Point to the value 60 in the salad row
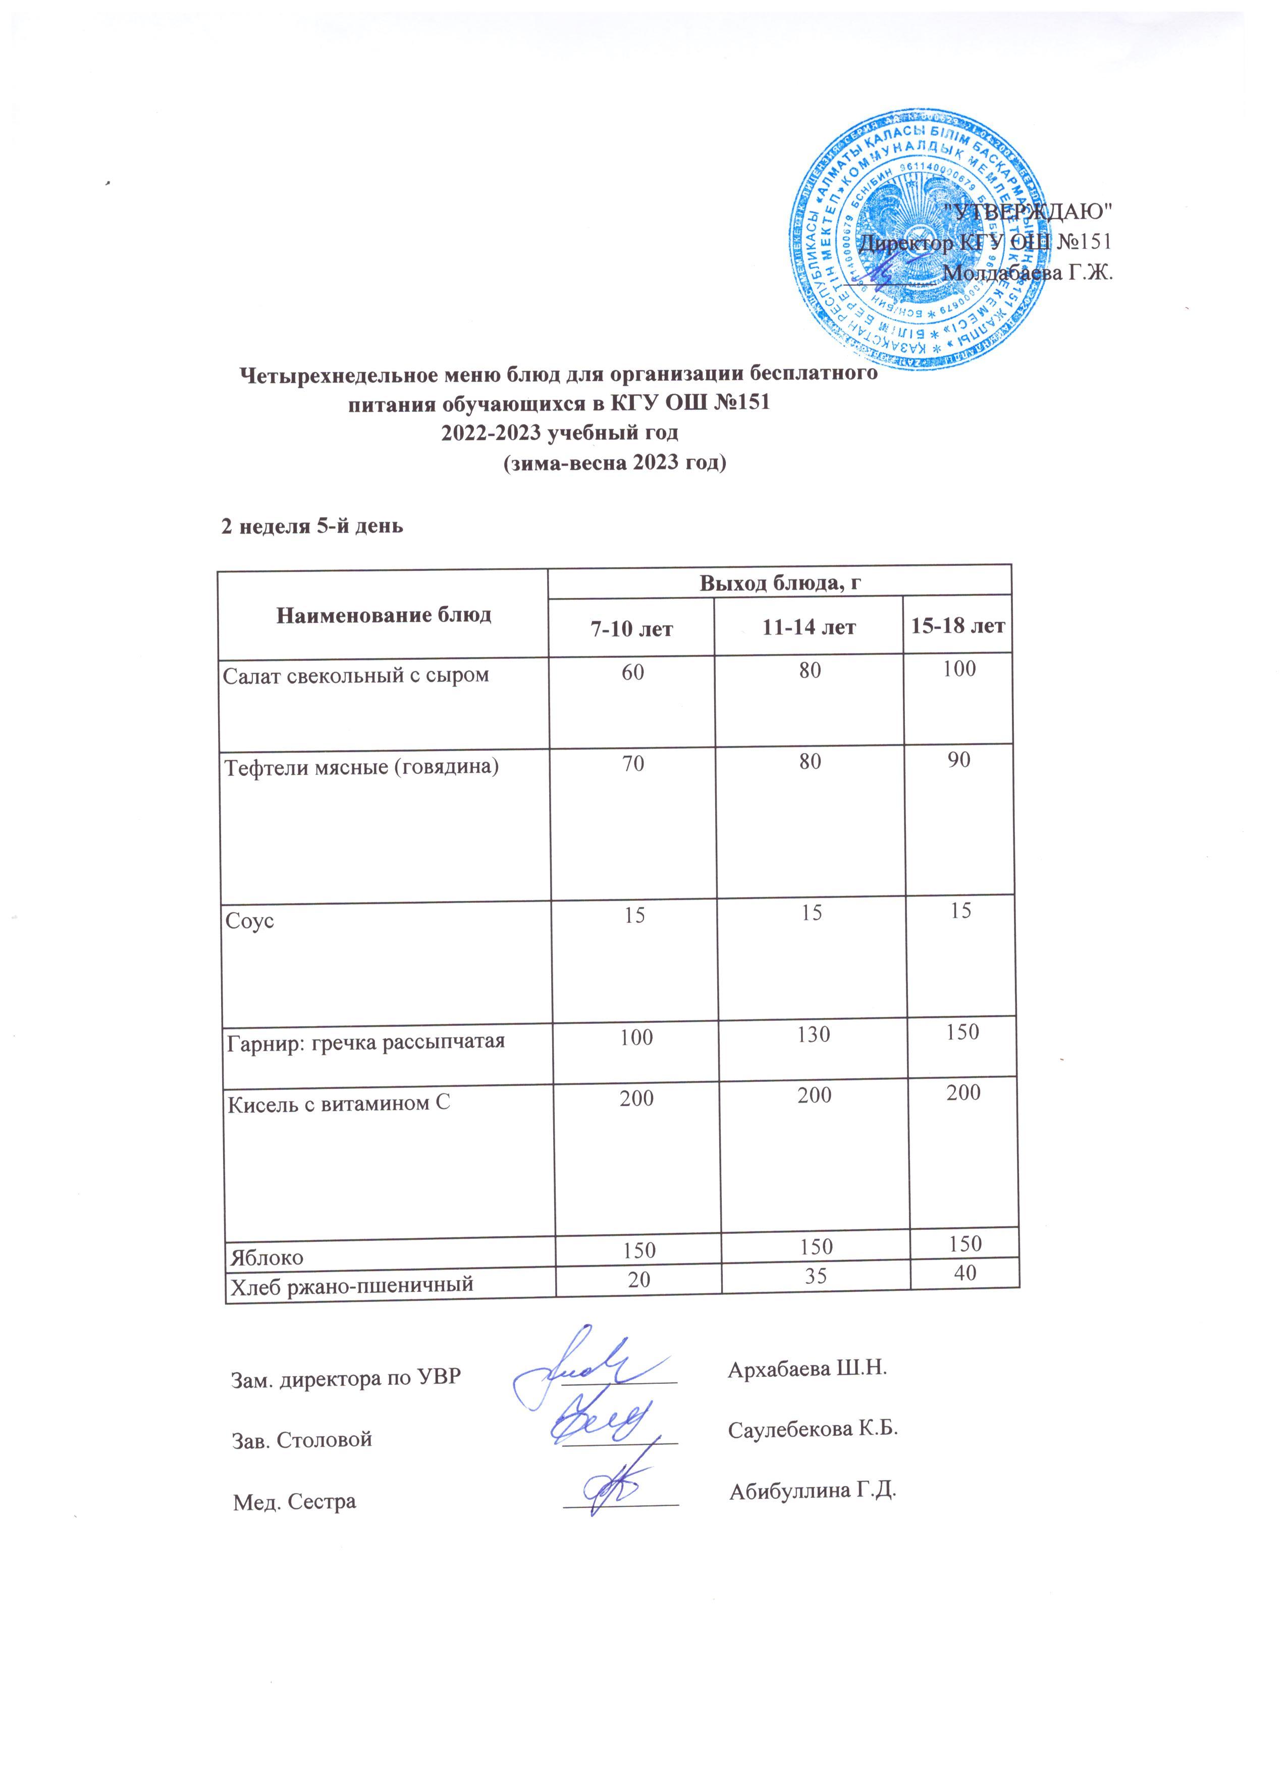click(x=633, y=671)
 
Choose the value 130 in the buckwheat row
click(x=813, y=1034)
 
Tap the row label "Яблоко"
click(x=265, y=1257)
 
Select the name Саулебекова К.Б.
click(x=813, y=1429)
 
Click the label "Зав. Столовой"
click(x=301, y=1438)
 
